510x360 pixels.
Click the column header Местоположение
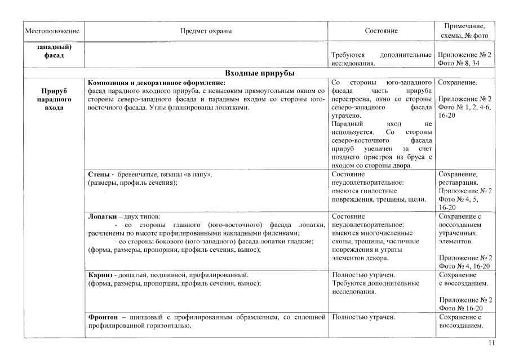tap(51, 30)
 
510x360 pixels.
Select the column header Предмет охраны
tap(206, 30)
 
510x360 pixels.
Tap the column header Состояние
tap(382, 30)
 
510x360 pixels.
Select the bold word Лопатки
tap(102, 216)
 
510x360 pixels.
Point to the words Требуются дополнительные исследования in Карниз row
tap(382, 287)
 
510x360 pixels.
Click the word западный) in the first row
tap(51, 47)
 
